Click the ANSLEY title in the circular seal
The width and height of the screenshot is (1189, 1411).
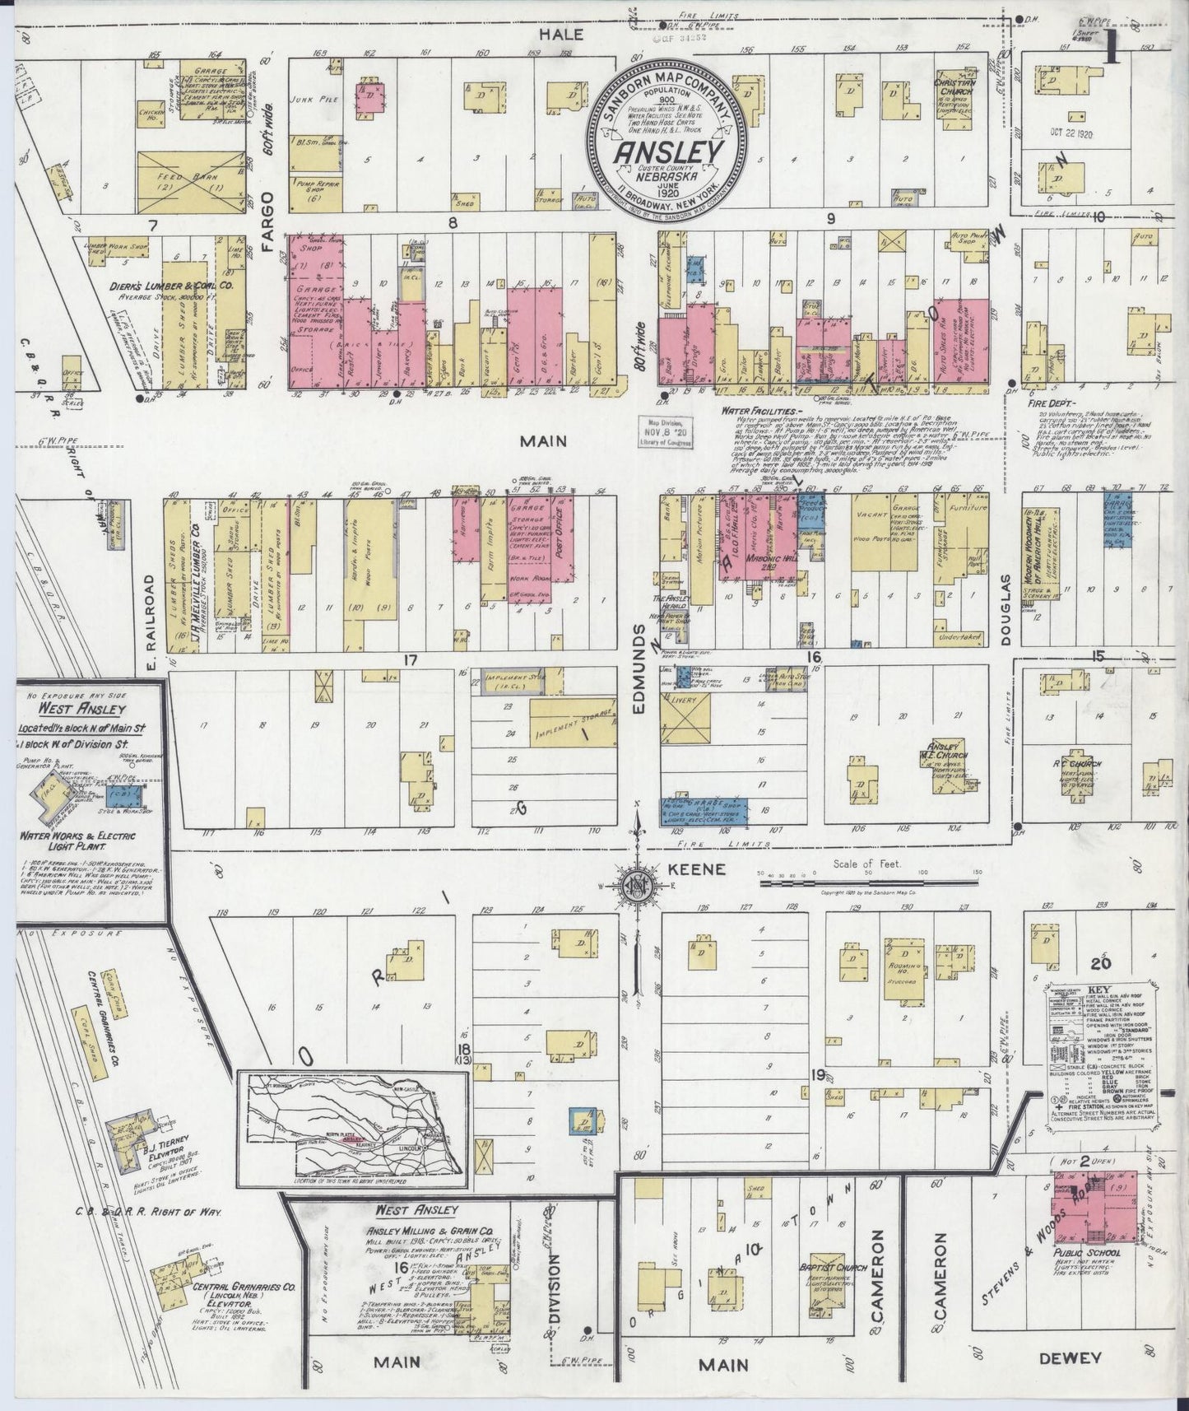coord(669,154)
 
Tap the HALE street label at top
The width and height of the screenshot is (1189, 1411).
coord(563,34)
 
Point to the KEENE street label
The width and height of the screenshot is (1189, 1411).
coord(707,868)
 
